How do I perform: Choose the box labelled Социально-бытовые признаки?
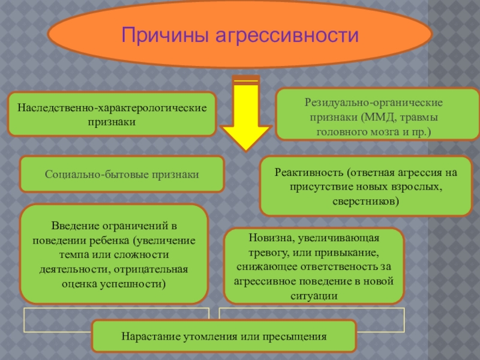coord(122,174)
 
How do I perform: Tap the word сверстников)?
coord(365,202)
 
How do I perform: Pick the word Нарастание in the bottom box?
coord(146,336)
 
